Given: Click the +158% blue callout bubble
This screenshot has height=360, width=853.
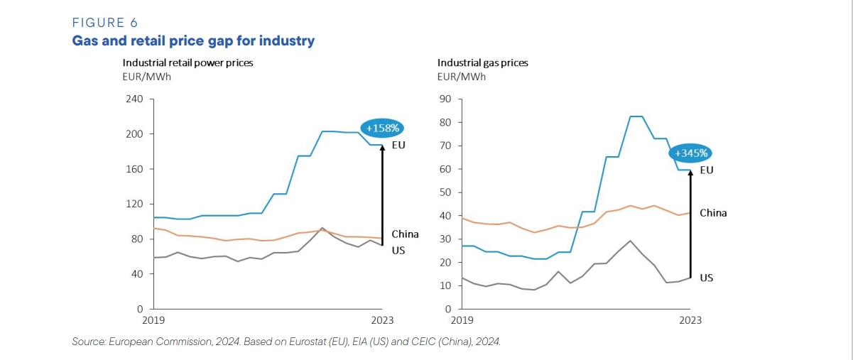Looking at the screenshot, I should point(383,129).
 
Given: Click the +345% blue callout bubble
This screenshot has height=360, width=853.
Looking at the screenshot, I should point(690,153).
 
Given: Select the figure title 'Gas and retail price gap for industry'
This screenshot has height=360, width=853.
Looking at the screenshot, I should point(193,40).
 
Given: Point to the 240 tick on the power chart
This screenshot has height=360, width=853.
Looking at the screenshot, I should point(134,99).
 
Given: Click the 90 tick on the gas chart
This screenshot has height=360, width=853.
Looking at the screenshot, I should point(446,99).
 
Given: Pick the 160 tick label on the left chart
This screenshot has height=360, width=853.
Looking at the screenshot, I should point(134,169).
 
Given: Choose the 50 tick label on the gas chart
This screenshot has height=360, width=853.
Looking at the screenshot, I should point(446,192).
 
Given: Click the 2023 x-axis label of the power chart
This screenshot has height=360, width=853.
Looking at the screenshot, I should point(383,320).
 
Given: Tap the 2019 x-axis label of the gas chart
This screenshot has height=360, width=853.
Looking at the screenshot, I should point(462,320).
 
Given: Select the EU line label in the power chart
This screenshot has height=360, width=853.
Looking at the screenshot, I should point(398,145).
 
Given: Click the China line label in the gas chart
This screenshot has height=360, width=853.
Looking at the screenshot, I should point(713,213).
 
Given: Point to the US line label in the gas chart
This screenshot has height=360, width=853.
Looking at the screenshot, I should point(706,278).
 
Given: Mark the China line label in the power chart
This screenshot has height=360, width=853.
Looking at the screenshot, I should point(405,234).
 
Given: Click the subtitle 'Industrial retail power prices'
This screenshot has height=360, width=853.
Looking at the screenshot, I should point(188,62).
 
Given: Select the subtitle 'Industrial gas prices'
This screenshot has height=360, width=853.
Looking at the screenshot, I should point(482,62).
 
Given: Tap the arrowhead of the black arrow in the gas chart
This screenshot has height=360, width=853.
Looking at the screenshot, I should point(690,173).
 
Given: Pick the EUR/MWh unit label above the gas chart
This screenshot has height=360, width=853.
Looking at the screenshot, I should point(461,77).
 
